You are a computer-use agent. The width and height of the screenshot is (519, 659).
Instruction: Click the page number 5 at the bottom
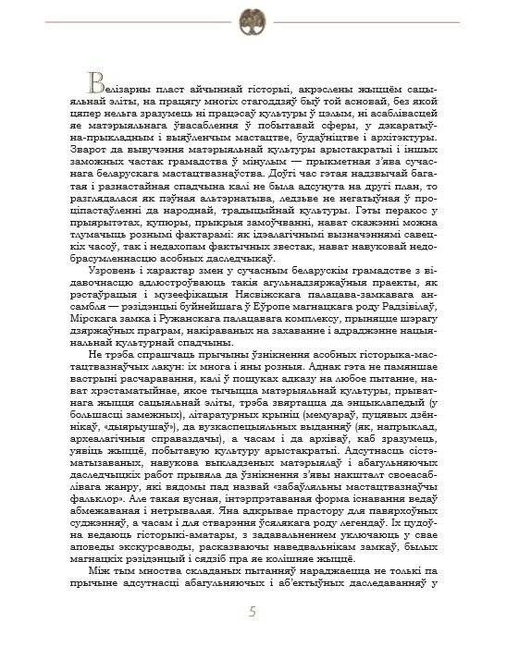(x=253, y=612)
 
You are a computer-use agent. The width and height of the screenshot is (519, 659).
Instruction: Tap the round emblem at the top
(x=253, y=19)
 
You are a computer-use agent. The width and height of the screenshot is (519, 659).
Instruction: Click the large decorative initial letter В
(x=95, y=79)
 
